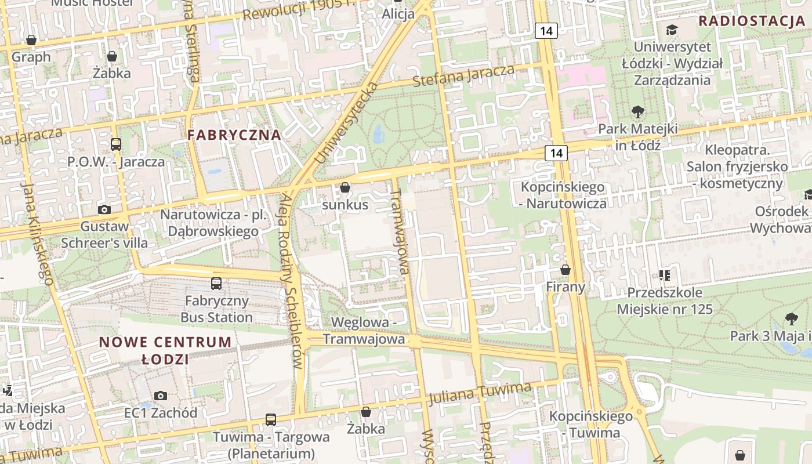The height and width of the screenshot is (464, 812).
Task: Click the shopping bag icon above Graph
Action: [x=31, y=40]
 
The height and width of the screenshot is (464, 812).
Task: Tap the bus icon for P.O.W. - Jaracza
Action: [x=116, y=144]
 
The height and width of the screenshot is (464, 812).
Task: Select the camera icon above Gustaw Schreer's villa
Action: [x=104, y=209]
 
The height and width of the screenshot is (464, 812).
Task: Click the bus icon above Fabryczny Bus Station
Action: [x=216, y=284]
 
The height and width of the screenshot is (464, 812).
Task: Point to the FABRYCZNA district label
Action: [x=234, y=135]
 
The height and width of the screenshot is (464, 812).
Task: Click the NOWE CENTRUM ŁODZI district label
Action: [x=165, y=350]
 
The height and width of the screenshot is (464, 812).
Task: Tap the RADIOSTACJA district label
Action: [x=752, y=21]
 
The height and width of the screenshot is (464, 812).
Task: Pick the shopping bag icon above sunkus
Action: [x=345, y=187]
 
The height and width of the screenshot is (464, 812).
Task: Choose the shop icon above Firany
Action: [x=565, y=270]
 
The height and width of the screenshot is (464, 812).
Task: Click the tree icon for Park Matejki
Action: [x=637, y=111]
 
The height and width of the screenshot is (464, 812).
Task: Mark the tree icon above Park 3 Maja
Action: [x=791, y=318]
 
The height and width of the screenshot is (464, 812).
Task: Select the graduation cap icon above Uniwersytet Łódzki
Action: [x=672, y=30]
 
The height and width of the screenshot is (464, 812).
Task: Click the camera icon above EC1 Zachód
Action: [x=161, y=396]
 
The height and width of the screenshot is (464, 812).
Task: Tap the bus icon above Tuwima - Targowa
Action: [x=270, y=419]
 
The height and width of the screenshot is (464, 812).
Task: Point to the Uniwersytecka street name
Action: [x=346, y=123]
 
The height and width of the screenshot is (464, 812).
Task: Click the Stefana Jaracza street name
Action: [x=463, y=76]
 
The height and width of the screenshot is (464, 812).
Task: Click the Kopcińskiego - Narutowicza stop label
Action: [x=563, y=195]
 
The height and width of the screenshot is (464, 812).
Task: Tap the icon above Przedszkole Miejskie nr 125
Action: [x=664, y=275]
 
